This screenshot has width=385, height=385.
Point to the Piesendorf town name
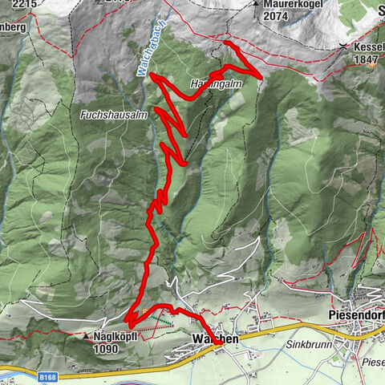(356, 315)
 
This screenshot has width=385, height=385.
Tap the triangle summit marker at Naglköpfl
(87, 338)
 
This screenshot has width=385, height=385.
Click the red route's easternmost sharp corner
(261, 75)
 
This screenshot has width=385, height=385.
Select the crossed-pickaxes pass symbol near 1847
(344, 47)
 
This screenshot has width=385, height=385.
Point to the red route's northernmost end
(226, 42)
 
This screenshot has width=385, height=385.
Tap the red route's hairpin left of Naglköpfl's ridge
(128, 321)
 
